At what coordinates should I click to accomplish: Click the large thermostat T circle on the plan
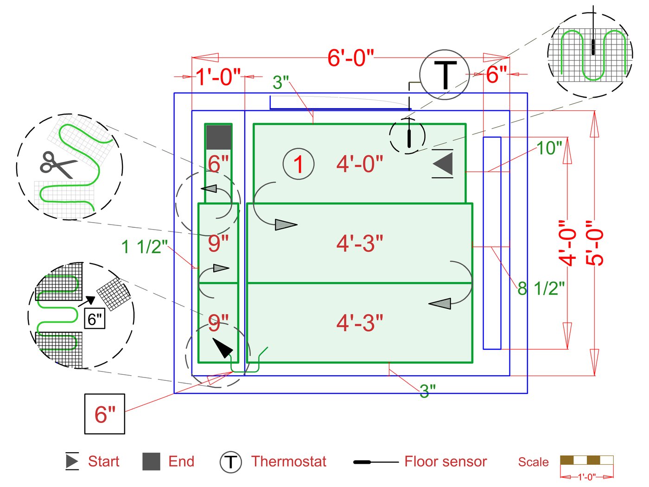(445, 75)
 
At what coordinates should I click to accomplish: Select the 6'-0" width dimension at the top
(350, 58)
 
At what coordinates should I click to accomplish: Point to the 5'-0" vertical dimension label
(595, 243)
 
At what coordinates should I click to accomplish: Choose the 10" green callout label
(549, 148)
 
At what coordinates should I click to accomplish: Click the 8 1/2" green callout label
(541, 288)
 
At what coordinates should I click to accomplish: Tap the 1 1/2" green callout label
(144, 247)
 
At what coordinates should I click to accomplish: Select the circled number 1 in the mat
(299, 164)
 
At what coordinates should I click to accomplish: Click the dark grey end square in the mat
(218, 137)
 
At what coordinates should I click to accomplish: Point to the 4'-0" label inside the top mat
(360, 164)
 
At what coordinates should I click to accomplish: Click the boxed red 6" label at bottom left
(105, 414)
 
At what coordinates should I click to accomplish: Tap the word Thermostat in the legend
(288, 461)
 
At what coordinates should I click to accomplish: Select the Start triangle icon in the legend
(72, 461)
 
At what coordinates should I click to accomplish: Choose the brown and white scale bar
(586, 460)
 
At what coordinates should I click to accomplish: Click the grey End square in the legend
(151, 461)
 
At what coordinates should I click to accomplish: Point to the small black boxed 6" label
(95, 319)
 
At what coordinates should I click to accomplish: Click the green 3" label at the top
(281, 83)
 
